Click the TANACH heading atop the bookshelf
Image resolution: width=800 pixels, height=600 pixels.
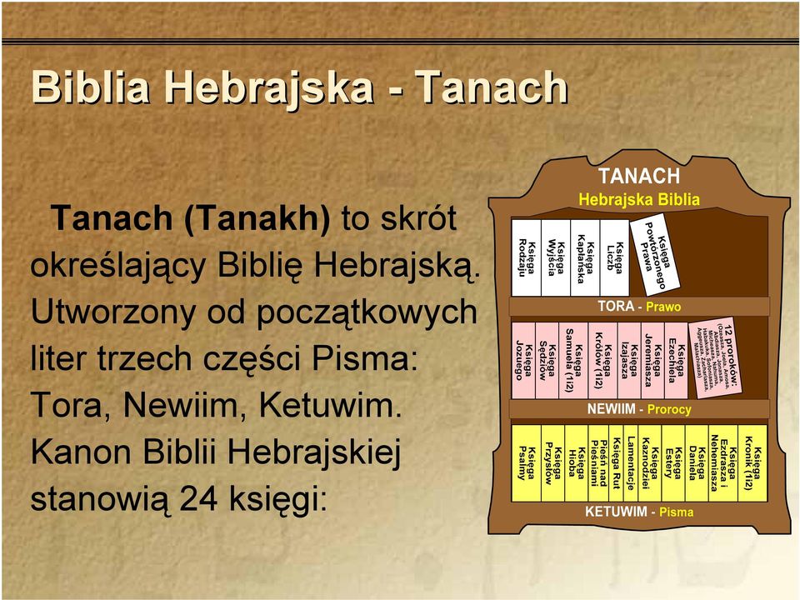639,176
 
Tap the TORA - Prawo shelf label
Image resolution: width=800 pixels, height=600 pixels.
639,307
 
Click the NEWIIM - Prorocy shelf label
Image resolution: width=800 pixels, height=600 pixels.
639,409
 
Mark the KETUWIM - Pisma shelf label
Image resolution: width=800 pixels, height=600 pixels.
639,512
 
